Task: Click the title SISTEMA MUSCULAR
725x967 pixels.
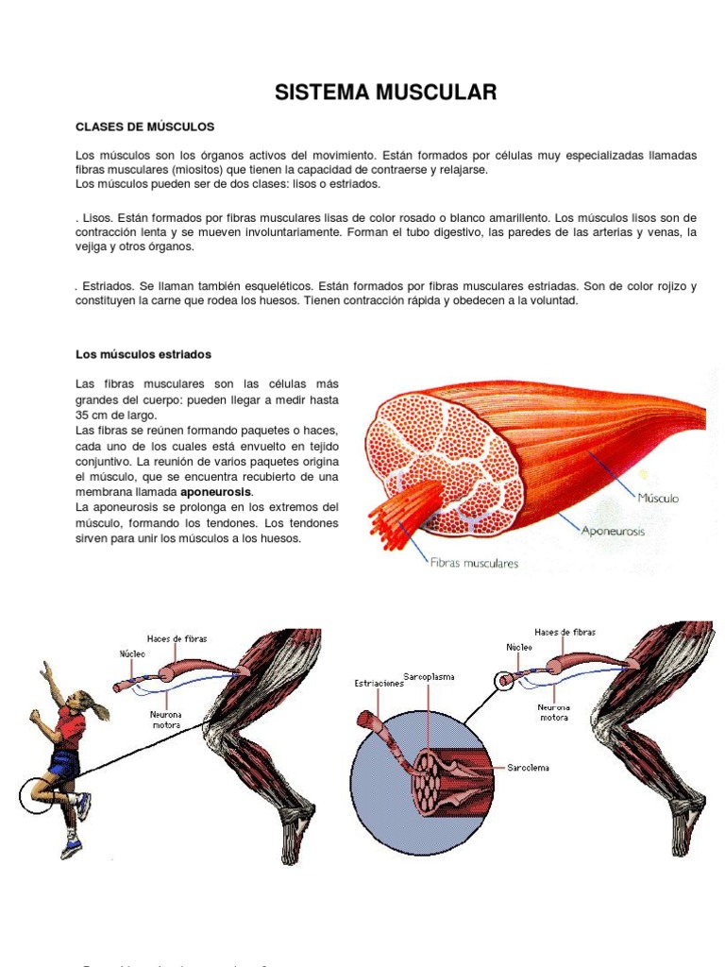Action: (x=385, y=92)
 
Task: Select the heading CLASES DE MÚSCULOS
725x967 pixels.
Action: (x=145, y=126)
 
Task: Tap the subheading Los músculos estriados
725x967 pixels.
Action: (x=143, y=354)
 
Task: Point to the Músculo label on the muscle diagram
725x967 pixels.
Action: (x=658, y=497)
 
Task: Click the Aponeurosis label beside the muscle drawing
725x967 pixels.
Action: (x=613, y=532)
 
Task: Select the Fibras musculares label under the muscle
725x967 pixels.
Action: (x=474, y=564)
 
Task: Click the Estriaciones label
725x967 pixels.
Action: (x=379, y=684)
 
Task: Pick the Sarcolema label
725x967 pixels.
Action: (x=528, y=768)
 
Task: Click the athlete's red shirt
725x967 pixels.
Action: (x=69, y=727)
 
